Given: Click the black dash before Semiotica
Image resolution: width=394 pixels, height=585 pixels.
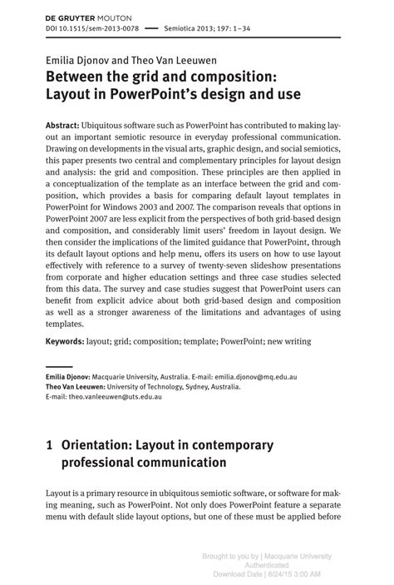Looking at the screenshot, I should pyautogui.click(x=151, y=29).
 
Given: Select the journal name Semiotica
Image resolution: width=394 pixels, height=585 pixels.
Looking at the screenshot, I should pyautogui.click(x=185, y=29).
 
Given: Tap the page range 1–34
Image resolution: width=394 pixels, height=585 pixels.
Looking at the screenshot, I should pyautogui.click(x=239, y=29).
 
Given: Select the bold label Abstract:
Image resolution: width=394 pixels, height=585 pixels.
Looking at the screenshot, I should pyautogui.click(x=62, y=125).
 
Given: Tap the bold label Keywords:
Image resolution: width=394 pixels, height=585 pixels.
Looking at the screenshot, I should pyautogui.click(x=65, y=341).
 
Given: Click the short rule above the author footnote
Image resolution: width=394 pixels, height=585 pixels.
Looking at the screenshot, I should pyautogui.click(x=58, y=366).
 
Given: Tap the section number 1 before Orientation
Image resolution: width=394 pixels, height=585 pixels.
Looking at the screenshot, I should pyautogui.click(x=49, y=445).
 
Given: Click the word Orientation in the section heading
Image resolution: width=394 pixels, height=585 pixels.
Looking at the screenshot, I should pyautogui.click(x=100, y=445).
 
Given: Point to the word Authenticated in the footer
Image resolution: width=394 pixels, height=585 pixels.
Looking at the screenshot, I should pyautogui.click(x=267, y=565).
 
